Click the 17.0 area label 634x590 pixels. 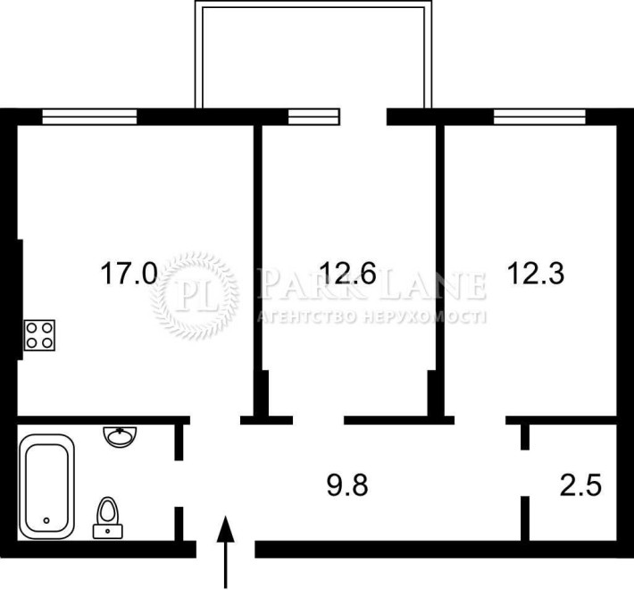(129, 274)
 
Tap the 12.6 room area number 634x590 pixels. (347, 274)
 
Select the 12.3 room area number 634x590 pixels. (536, 274)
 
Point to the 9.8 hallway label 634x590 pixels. (347, 485)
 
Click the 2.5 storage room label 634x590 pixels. (580, 485)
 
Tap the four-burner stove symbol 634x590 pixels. (39, 335)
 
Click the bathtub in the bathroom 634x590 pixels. (46, 486)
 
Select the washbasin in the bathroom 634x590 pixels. (120, 436)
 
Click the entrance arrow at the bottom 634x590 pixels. (226, 552)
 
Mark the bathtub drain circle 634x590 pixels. (46, 520)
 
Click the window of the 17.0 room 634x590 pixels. (89, 117)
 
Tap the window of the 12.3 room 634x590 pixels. (539, 117)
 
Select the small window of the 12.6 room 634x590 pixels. (313, 117)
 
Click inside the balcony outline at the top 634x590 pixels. (313, 56)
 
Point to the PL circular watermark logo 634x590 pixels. (195, 295)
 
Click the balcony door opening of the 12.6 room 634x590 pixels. (363, 117)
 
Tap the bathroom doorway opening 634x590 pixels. (179, 483)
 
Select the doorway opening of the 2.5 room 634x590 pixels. (525, 473)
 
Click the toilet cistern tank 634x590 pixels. (108, 531)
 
